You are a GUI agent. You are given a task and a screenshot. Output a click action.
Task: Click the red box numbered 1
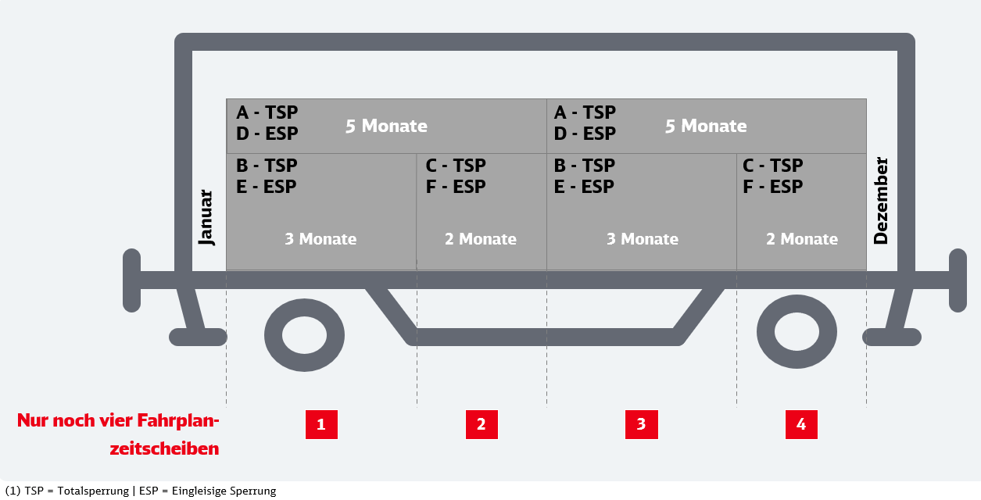click(x=321, y=424)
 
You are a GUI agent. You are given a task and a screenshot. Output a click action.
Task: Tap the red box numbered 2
click(x=482, y=424)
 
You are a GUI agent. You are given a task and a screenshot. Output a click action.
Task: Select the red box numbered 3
click(x=642, y=424)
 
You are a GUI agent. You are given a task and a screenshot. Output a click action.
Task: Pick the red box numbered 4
click(x=801, y=424)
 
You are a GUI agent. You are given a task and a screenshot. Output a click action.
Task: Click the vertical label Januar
click(x=206, y=218)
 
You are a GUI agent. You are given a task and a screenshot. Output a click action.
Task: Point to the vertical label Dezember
click(x=881, y=201)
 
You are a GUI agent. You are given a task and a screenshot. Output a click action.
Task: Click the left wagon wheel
click(x=304, y=335)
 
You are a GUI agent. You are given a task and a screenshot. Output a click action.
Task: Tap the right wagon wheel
click(x=797, y=332)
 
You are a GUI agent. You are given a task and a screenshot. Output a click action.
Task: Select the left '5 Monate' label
click(x=386, y=126)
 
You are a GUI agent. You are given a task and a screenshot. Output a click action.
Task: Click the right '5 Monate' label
click(x=706, y=126)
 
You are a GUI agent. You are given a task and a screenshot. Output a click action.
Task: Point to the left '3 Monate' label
click(x=320, y=239)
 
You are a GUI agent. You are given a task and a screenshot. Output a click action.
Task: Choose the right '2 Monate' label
click(x=802, y=239)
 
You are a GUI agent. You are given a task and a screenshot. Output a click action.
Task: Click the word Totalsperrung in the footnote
click(x=93, y=491)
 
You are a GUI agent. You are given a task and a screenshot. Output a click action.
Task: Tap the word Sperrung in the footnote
click(x=253, y=491)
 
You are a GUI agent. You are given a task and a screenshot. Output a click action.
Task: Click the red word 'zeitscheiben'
click(x=164, y=448)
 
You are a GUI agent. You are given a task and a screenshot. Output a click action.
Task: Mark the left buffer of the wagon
click(x=132, y=280)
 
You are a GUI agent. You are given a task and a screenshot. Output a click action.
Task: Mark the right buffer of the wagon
click(x=958, y=280)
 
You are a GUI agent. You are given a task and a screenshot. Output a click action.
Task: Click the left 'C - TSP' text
click(x=456, y=166)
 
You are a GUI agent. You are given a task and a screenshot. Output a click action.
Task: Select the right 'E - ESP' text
click(x=584, y=187)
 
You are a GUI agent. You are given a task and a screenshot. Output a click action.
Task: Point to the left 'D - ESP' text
click(x=267, y=134)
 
